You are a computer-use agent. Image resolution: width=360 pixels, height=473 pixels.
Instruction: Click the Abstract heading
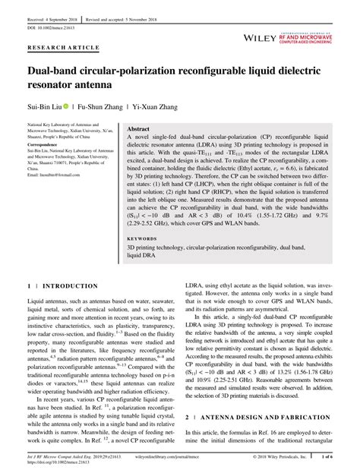(x=138, y=130)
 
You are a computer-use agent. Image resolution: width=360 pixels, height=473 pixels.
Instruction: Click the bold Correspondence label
(x=45, y=143)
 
